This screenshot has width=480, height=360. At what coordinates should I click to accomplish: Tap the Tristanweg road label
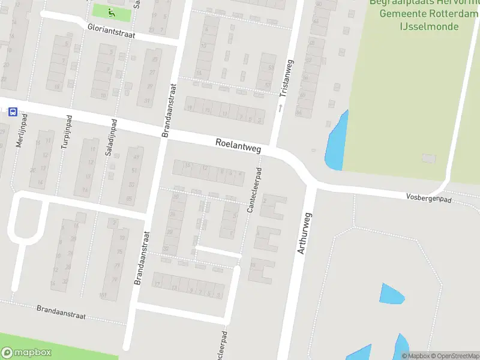point(285,78)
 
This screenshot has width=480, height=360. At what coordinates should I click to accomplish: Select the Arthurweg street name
point(305,232)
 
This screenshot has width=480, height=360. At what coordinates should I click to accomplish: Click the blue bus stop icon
point(13,112)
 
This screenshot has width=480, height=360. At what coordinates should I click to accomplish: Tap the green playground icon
point(110,11)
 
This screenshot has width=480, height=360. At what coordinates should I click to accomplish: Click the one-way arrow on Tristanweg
point(280,107)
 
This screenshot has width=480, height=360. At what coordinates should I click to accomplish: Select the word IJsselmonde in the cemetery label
point(429,26)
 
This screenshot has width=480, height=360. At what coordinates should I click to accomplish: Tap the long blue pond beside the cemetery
point(335,141)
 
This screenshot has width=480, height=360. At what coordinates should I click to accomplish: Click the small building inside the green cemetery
point(427,158)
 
